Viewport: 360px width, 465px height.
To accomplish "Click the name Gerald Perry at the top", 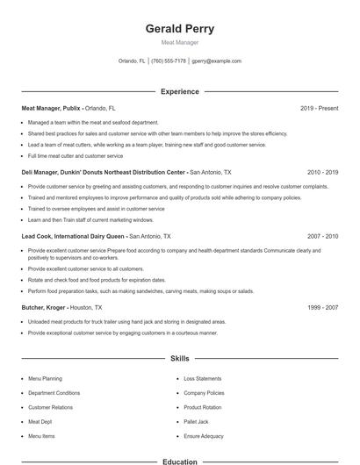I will pos(179,29).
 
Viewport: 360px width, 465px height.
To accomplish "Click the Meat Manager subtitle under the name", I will pos(179,42).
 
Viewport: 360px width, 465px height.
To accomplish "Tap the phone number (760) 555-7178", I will pos(169,61).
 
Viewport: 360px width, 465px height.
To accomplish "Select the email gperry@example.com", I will pos(216,61).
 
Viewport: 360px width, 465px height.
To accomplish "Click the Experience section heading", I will pos(179,91).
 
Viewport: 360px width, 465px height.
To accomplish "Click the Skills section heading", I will pos(179,359).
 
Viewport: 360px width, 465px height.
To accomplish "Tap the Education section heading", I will pos(179,461).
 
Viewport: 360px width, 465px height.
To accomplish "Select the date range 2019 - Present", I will pos(319,108).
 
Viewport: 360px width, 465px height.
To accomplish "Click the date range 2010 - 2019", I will pos(322,173).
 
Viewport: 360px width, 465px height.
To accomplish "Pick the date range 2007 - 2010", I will pos(322,237).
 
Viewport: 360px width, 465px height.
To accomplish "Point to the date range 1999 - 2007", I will pos(322,308).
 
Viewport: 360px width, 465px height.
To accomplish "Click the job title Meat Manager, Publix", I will pos(54,108).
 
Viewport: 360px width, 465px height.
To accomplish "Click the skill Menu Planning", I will pos(45,378).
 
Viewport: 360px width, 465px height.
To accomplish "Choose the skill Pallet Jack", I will pos(196,421).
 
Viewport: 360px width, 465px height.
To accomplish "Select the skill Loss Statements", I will pos(202,378).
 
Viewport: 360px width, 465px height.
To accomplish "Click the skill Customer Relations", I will pos(50,407).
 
